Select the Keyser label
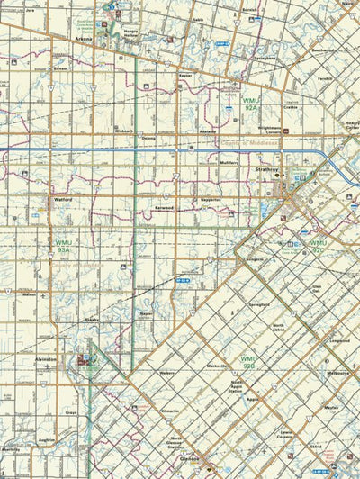coord(185,77)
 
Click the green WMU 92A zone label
coord(250,104)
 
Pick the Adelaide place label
coord(207,131)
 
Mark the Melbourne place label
coord(337,372)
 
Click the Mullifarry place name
coord(229,163)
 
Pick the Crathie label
coord(290,107)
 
